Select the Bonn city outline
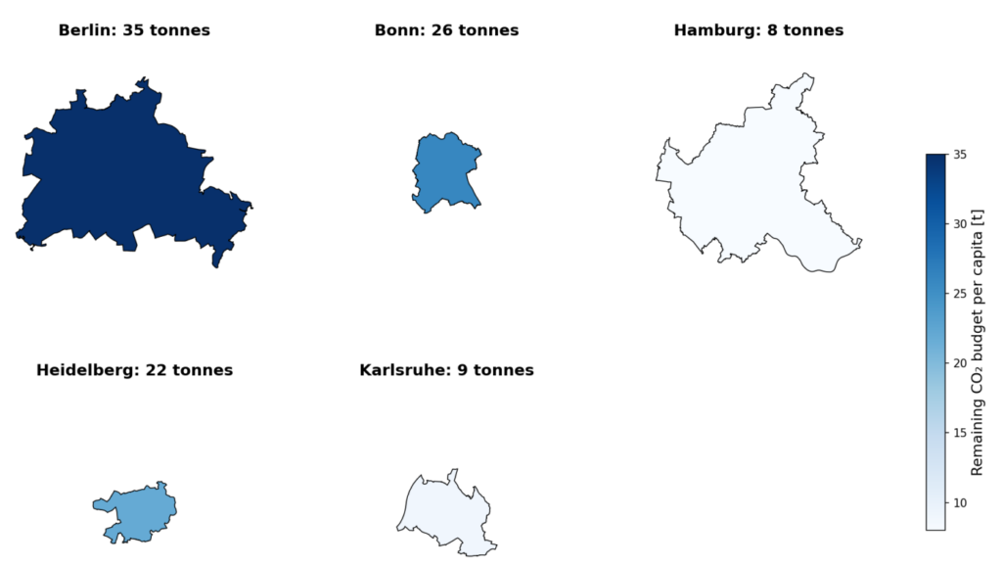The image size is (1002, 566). [x=446, y=171]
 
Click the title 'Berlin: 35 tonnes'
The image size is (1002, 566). [x=134, y=30]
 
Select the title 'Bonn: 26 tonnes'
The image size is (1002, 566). [x=446, y=30]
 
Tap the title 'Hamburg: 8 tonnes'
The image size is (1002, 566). [x=758, y=30]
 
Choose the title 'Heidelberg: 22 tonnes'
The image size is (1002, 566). [x=134, y=370]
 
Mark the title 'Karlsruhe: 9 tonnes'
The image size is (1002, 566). [x=446, y=370]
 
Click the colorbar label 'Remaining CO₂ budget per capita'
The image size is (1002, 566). [x=977, y=343]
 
